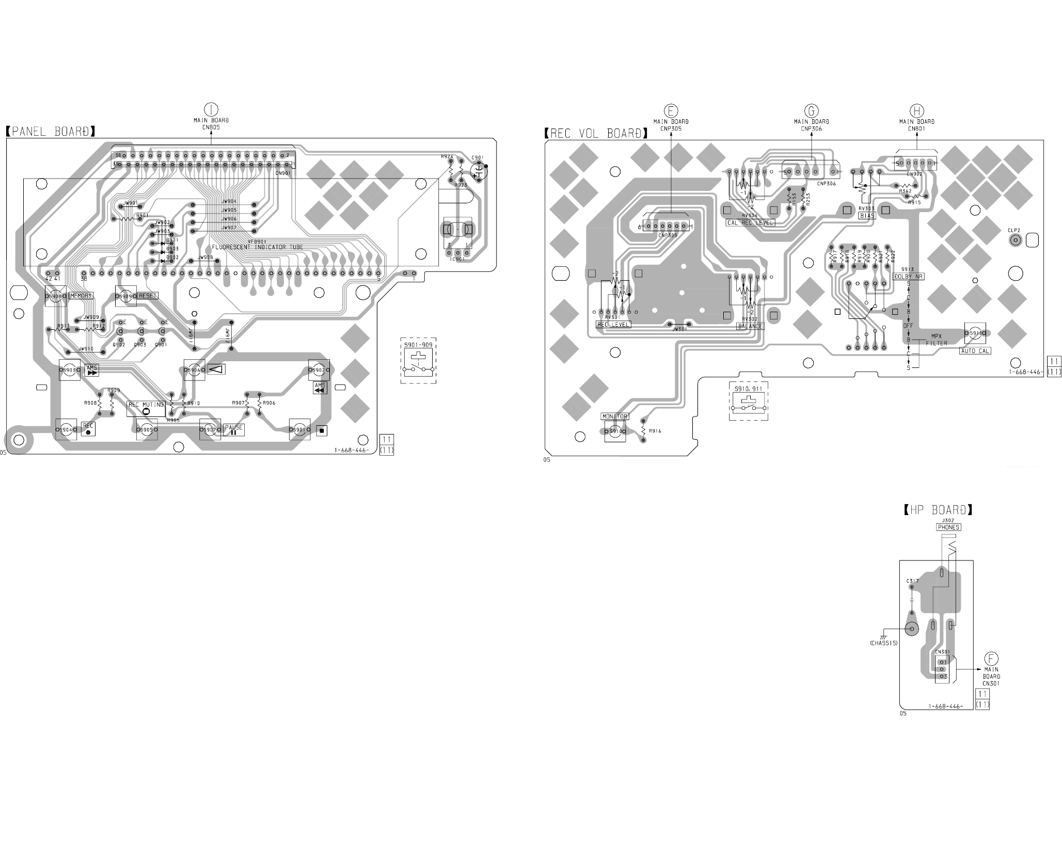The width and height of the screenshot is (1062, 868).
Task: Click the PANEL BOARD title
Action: (51, 132)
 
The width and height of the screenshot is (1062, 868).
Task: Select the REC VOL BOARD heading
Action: (596, 133)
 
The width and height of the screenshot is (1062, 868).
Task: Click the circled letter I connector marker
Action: (211, 109)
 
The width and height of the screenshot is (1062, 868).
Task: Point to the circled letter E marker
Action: (671, 110)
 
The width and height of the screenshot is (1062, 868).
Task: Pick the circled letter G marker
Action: (812, 110)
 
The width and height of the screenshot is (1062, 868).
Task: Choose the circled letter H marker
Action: (917, 110)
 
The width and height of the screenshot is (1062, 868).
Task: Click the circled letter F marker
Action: (991, 658)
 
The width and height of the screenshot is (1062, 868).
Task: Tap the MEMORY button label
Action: (81, 296)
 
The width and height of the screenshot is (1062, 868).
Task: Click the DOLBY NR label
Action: (909, 277)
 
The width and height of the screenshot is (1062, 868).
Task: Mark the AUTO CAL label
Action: (975, 351)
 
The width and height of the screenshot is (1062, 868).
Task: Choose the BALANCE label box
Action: (750, 326)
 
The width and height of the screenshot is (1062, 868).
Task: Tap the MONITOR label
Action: (614, 416)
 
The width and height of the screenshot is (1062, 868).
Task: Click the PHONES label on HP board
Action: (948, 527)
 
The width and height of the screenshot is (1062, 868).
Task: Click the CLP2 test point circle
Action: (1015, 240)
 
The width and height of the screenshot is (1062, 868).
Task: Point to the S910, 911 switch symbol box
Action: (748, 402)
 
